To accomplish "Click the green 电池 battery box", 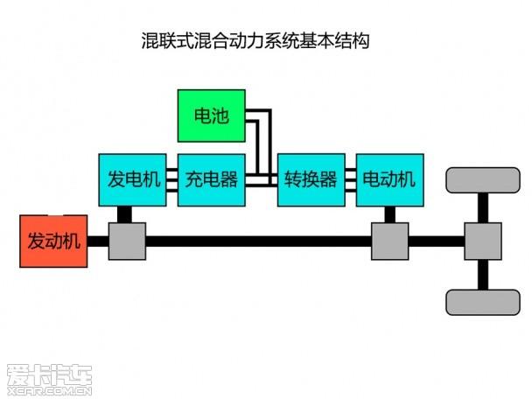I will [x=212, y=115].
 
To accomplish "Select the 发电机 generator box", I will [x=134, y=180].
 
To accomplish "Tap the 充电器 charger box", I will [x=212, y=180].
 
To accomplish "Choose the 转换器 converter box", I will [x=311, y=180].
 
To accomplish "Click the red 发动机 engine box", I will [x=53, y=241].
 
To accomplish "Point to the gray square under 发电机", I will [x=127, y=241].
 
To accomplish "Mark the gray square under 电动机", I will [x=389, y=241].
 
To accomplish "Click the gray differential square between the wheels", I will [x=482, y=241].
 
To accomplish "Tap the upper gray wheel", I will [x=482, y=179].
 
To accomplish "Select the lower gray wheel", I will [x=482, y=302].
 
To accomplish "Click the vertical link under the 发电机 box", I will [x=125, y=215].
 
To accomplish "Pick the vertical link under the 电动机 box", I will [x=389, y=215].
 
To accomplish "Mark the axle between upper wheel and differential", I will [x=482, y=207].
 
